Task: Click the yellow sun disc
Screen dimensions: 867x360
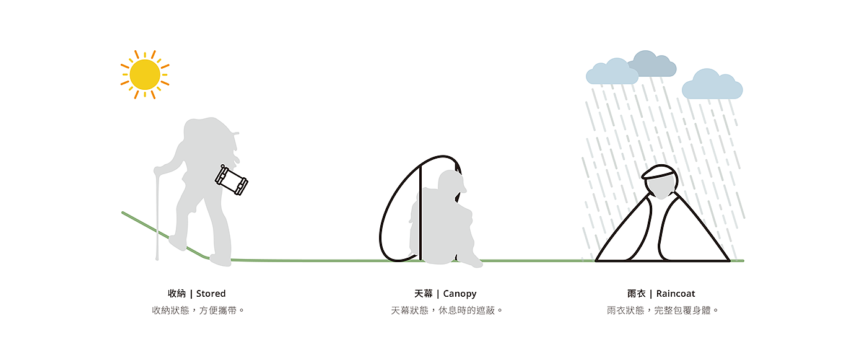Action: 145,74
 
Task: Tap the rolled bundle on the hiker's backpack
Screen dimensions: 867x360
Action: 232,180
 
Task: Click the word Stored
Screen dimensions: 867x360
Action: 211,294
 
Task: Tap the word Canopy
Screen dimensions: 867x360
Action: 460,294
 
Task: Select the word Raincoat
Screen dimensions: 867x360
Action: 676,294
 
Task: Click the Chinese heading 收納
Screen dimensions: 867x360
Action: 176,294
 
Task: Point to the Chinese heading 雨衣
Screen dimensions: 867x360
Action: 636,294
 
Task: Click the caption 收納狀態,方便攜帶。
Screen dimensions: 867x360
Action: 198,310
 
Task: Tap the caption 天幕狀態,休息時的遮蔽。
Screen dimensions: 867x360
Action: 447,310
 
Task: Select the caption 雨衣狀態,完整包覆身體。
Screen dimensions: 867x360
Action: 663,310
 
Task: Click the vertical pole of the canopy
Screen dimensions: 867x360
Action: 420,211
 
